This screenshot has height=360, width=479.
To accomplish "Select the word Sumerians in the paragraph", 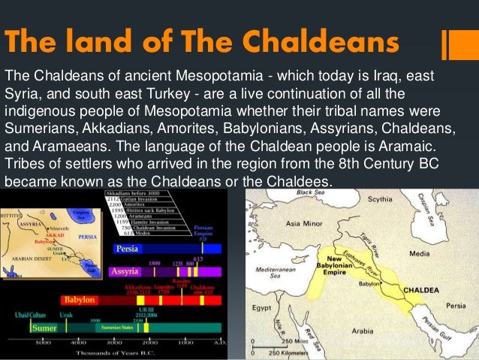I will click(x=40, y=129).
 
